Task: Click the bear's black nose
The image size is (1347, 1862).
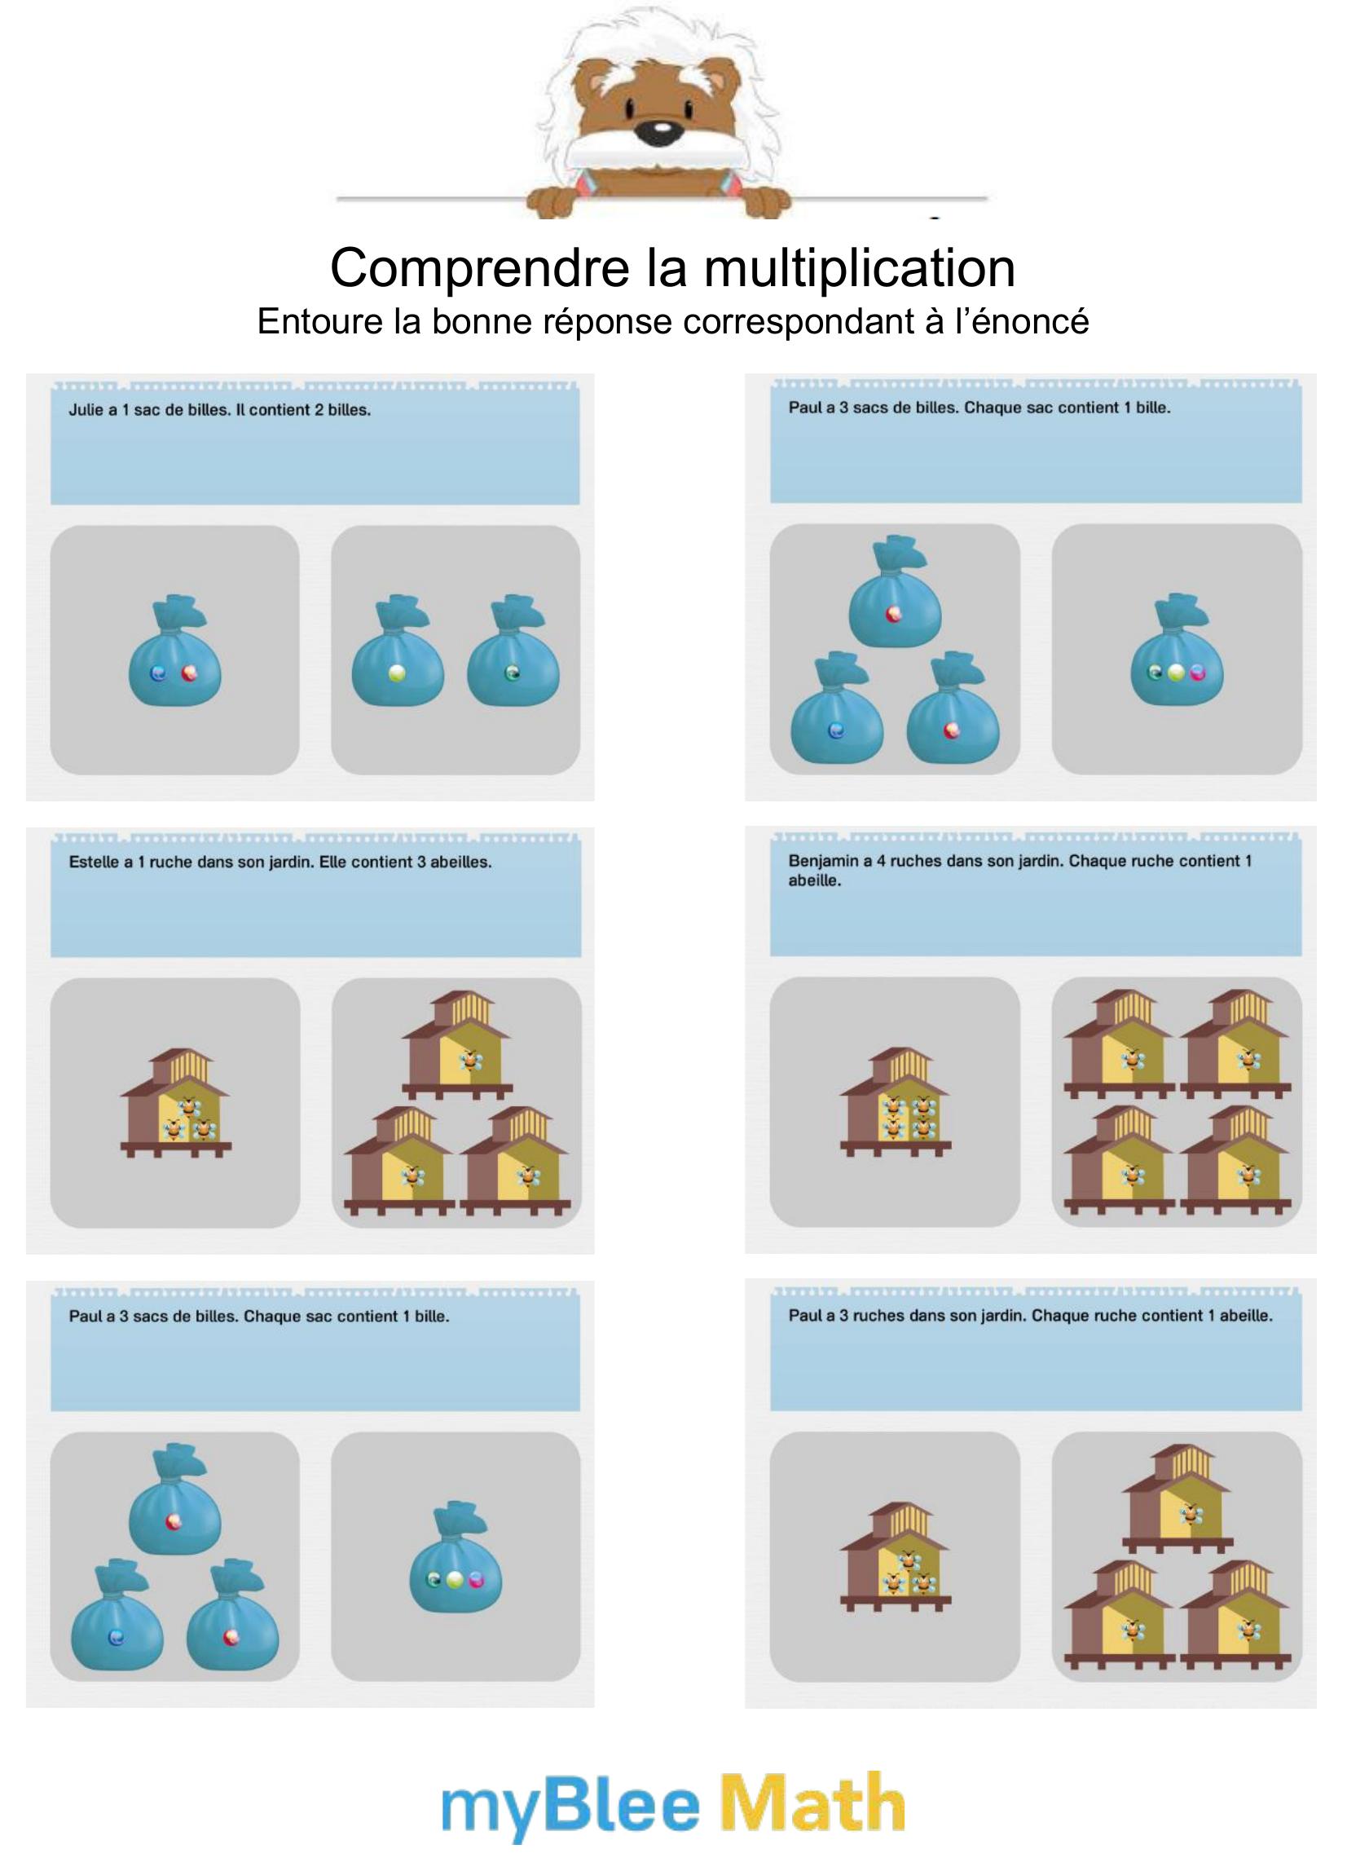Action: [659, 131]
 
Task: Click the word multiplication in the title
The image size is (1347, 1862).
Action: [860, 268]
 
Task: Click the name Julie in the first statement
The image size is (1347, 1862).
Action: [86, 410]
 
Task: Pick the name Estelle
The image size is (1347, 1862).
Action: [95, 862]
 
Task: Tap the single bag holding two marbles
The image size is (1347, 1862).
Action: [175, 651]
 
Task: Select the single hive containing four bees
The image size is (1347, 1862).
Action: [895, 1102]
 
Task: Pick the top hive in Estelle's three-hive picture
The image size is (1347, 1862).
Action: [457, 1045]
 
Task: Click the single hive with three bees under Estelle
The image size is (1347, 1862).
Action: [176, 1102]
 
